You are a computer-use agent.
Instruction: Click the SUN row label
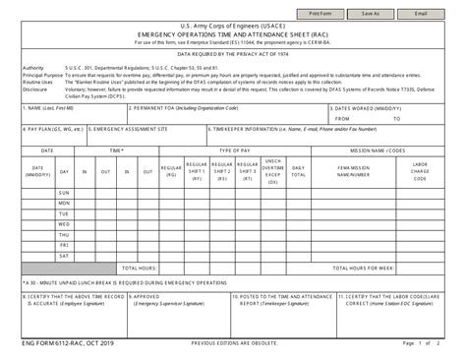[x=64, y=193]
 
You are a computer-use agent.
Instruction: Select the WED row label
[x=64, y=224]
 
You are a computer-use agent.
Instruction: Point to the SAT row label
[x=64, y=256]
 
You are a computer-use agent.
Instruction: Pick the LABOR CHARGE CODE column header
[x=420, y=172]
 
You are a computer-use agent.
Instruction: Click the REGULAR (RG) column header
[x=170, y=171]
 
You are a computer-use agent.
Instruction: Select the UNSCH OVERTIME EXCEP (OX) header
[x=273, y=171]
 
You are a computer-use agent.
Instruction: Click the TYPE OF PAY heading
[x=234, y=150]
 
